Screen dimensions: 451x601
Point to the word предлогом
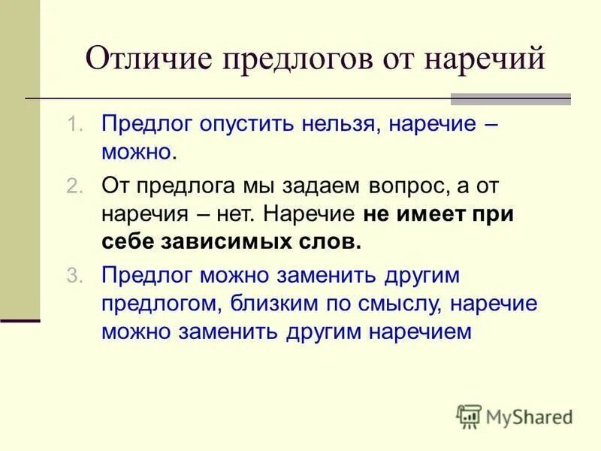154,304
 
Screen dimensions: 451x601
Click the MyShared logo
515,416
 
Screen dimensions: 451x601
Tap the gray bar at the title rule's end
510,98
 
